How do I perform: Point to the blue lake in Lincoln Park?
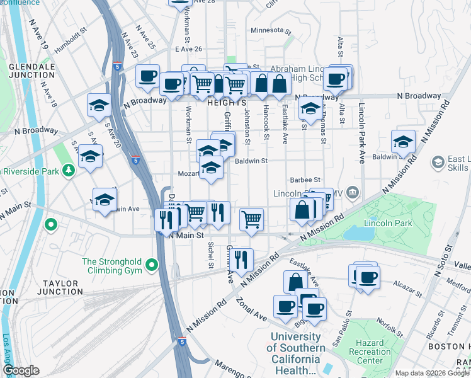point(358,233)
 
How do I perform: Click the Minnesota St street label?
point(271,30)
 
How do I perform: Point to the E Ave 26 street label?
point(189,49)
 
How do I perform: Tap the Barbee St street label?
point(305,180)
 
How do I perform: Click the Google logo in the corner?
point(21,370)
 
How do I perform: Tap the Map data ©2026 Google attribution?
point(431,373)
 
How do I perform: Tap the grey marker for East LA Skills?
point(438,163)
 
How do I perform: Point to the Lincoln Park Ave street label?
point(362,134)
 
